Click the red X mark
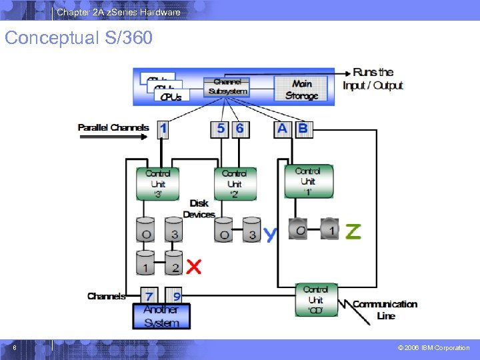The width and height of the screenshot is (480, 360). (x=193, y=267)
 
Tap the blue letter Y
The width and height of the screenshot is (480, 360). (x=270, y=234)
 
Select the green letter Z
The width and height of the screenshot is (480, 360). (x=353, y=231)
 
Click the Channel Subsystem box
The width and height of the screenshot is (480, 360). (x=227, y=86)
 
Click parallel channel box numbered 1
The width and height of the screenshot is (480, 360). (x=163, y=129)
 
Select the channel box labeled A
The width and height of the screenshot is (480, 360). (x=283, y=129)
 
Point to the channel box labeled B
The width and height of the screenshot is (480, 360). (x=303, y=129)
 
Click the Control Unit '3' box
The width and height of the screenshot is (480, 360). (x=158, y=183)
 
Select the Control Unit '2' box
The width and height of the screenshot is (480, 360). (x=234, y=183)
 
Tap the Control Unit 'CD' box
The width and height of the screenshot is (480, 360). (x=315, y=300)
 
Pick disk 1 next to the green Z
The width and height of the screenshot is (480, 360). (x=330, y=229)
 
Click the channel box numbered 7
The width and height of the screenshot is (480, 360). (x=150, y=296)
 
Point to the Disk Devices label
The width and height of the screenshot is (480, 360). (x=199, y=209)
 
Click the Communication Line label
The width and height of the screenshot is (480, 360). (x=385, y=309)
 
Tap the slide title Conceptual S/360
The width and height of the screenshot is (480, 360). (x=79, y=38)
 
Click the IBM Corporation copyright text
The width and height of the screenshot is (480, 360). (x=433, y=347)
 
